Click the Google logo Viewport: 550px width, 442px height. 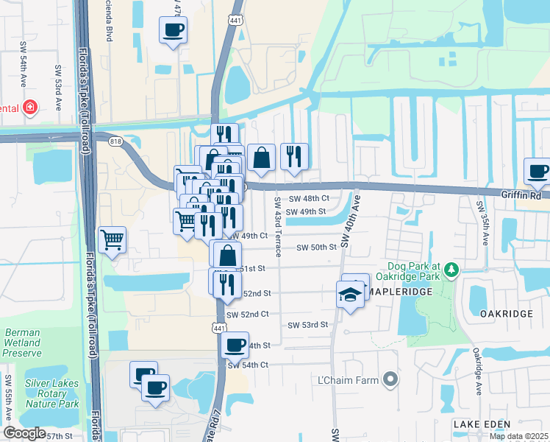pyautogui.click(x=24, y=433)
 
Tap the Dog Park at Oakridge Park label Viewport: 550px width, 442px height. pyautogui.click(x=417, y=271)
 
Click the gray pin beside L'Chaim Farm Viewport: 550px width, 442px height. pyautogui.click(x=390, y=380)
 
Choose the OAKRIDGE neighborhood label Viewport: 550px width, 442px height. pyautogui.click(x=506, y=314)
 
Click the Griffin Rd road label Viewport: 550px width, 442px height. pyautogui.click(x=521, y=197)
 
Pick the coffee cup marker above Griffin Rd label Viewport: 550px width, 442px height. pyautogui.click(x=538, y=172)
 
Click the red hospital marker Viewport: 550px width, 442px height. pyautogui.click(x=30, y=108)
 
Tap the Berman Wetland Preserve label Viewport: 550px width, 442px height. pyautogui.click(x=22, y=343)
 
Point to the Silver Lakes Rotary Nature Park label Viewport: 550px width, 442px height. pyautogui.click(x=51, y=393)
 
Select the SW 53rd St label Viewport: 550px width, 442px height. pyautogui.click(x=307, y=325)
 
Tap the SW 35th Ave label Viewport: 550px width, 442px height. pyautogui.click(x=479, y=217)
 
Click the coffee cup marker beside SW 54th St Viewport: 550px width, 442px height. pyautogui.click(x=235, y=345)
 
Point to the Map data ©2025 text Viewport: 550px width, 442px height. pyautogui.click(x=519, y=436)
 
